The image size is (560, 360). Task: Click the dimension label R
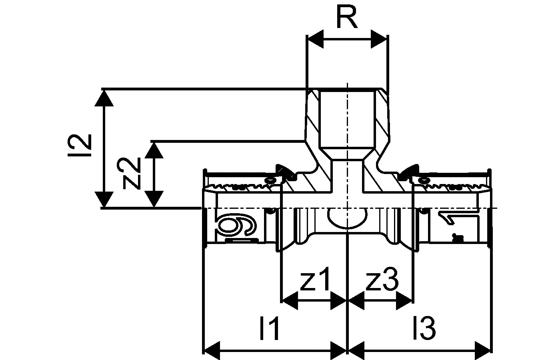[347, 17]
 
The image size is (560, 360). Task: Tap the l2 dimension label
[80, 145]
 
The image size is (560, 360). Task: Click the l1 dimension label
[269, 328]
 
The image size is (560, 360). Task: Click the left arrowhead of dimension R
[315, 39]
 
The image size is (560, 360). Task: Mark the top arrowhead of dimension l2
[104, 98]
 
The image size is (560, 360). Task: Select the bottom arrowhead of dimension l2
[104, 199]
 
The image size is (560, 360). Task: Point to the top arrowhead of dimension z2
[154, 150]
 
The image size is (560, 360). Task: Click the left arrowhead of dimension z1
[290, 300]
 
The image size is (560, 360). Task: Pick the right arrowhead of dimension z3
[404, 300]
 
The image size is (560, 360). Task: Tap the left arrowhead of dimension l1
[212, 350]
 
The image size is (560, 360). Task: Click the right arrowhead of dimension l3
[482, 350]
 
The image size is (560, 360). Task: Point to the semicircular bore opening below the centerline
[347, 219]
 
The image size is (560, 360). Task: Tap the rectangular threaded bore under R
[348, 119]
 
